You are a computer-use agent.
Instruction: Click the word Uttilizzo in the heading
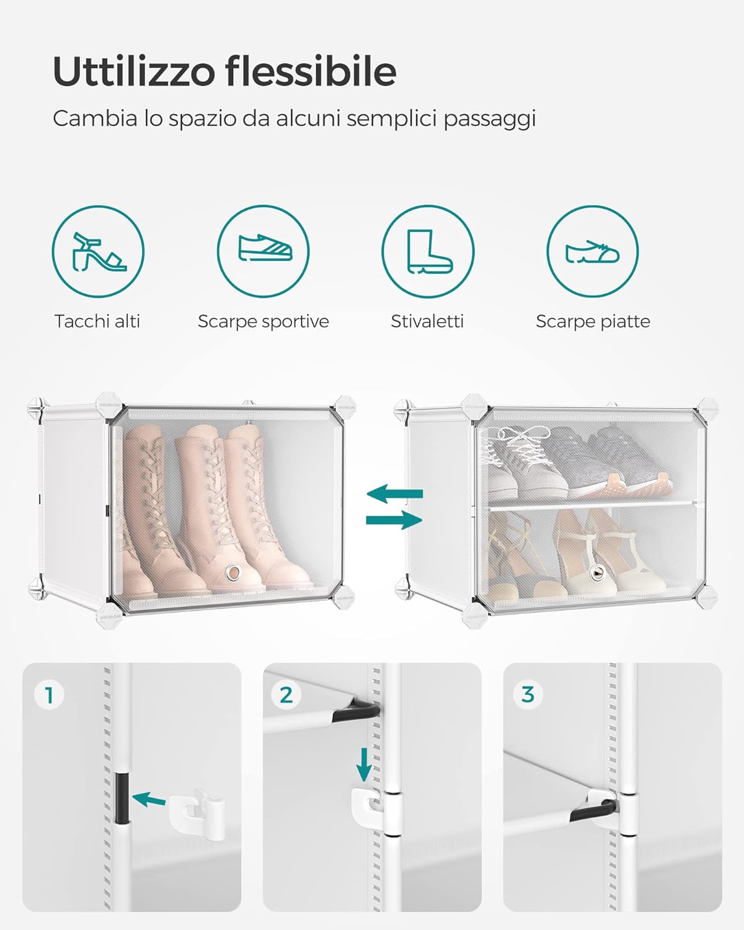coord(134,71)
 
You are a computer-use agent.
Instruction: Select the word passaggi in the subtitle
coord(490,119)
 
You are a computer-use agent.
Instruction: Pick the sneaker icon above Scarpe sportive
coord(265,248)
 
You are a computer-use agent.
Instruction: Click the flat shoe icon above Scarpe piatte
coord(592,252)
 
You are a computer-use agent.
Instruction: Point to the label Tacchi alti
coord(97,322)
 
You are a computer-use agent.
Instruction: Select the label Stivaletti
coord(427,322)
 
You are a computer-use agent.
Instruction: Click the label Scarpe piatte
coord(593,322)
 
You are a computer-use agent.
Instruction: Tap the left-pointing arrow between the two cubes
coord(395,494)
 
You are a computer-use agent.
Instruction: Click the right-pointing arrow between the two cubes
coord(394,520)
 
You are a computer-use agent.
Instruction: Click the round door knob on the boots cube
coord(234,573)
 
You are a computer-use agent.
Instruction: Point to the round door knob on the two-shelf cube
coord(598,573)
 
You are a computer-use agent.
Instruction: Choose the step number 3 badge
coord(528,694)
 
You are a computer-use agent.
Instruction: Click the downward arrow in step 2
coord(364,764)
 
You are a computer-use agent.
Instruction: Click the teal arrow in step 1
coord(149,799)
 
